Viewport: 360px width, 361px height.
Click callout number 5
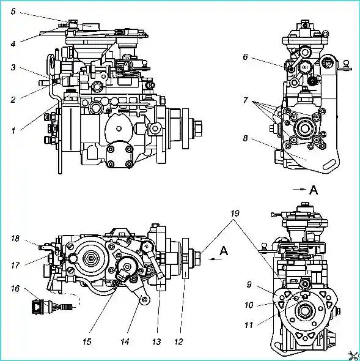[x=13, y=12]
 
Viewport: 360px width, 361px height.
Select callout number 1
[x=13, y=131]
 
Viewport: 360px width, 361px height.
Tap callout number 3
[x=13, y=67]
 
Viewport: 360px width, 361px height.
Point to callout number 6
[x=246, y=57]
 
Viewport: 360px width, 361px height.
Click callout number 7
[x=246, y=100]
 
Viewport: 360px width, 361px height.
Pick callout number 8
[x=246, y=138]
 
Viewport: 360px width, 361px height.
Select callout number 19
[x=235, y=214]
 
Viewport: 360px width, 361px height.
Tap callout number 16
[x=15, y=288]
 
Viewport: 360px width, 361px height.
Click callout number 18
[x=15, y=238]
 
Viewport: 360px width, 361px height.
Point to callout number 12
[x=178, y=341]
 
